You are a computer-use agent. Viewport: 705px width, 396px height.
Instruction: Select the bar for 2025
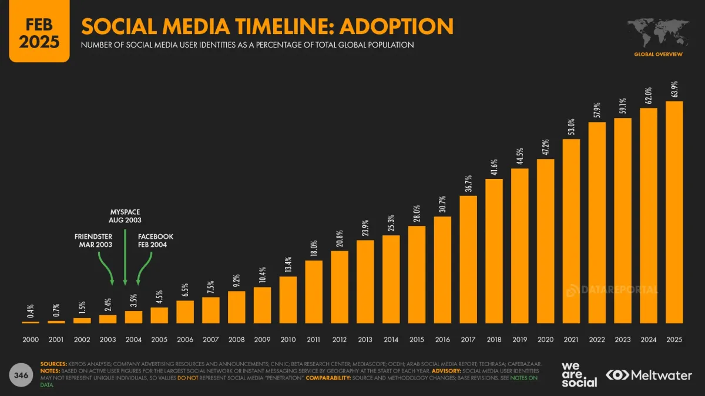point(674,212)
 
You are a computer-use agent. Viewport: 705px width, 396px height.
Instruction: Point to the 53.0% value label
point(571,127)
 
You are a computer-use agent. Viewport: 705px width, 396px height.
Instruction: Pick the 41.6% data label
point(494,167)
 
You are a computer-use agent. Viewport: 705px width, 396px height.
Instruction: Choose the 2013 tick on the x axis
point(365,340)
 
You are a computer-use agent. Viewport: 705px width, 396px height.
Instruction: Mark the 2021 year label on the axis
point(571,340)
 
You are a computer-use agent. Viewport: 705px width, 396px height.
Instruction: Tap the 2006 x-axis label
point(185,340)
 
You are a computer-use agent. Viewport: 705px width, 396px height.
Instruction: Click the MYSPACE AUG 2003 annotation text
point(125,215)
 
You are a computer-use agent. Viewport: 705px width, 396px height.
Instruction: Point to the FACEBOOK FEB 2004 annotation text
point(156,241)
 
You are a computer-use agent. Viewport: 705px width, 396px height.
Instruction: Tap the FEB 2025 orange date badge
point(35,32)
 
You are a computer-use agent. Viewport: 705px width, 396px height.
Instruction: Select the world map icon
point(658,34)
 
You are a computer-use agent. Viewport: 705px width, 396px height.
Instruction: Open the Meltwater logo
point(649,374)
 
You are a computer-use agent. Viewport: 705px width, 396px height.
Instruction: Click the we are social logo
point(579,374)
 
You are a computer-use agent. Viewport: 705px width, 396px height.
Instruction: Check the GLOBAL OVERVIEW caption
point(658,55)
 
